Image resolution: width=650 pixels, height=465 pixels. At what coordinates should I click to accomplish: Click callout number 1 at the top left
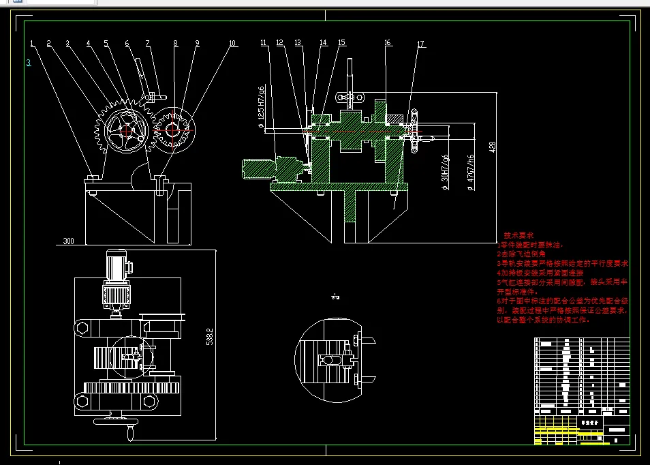[x=32, y=44]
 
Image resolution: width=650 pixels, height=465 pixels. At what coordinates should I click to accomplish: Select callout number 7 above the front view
[x=147, y=44]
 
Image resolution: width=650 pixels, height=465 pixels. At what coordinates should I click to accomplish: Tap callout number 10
[x=232, y=44]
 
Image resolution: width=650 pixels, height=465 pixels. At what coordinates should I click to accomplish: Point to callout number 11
[x=264, y=43]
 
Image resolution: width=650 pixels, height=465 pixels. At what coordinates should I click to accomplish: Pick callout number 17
[x=420, y=44]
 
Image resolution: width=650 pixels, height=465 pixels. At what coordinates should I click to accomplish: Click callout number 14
[x=323, y=43]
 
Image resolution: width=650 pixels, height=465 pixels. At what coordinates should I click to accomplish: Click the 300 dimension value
[x=68, y=241]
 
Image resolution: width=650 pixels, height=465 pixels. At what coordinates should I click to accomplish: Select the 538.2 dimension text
[x=210, y=337]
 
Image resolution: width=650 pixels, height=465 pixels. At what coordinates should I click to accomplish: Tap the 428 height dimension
[x=492, y=147]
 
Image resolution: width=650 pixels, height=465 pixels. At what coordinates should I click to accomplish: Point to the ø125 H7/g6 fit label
[x=262, y=102]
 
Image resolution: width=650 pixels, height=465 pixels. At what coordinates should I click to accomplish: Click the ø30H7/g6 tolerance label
[x=446, y=168]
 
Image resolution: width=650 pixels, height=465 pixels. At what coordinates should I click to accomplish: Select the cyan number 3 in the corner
[x=28, y=63]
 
